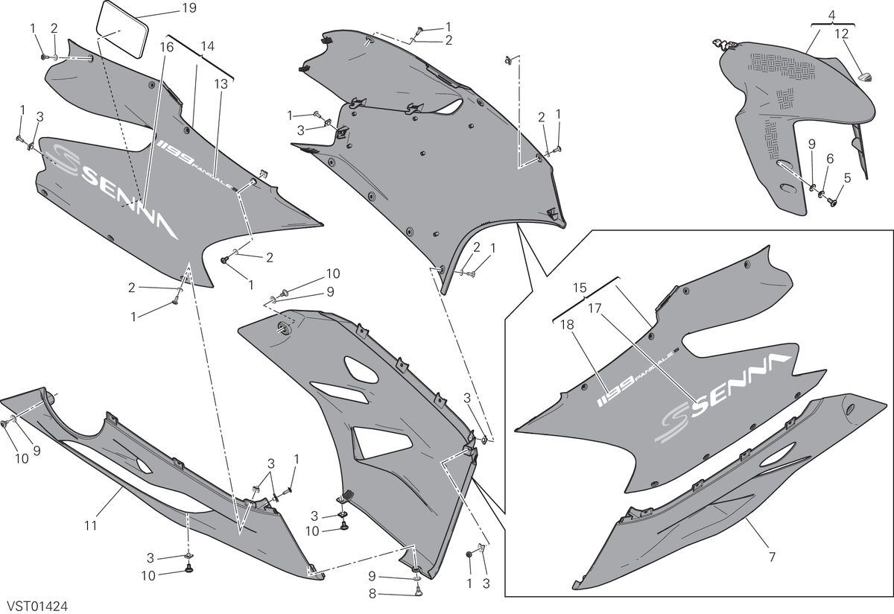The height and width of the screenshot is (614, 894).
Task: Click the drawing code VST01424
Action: [38, 607]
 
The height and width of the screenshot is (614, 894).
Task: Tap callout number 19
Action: [189, 8]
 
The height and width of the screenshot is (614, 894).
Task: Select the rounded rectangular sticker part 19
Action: [121, 29]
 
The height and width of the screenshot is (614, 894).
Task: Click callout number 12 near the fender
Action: [841, 34]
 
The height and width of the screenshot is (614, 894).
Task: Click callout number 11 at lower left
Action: [91, 526]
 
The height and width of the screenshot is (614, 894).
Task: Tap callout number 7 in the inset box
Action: [772, 557]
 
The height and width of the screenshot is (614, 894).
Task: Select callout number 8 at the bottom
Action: [372, 594]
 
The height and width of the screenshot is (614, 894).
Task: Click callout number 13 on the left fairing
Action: [221, 84]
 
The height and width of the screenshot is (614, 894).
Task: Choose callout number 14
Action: [208, 46]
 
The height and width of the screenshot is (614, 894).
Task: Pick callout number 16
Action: [167, 47]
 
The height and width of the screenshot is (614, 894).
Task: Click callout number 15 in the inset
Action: [580, 288]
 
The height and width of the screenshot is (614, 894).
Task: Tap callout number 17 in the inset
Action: [595, 308]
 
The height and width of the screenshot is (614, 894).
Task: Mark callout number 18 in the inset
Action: [567, 325]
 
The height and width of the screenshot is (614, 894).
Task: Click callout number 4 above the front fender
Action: [831, 15]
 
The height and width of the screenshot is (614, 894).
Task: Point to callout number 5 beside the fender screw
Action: [847, 177]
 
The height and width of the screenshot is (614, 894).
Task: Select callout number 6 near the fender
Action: [830, 159]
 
